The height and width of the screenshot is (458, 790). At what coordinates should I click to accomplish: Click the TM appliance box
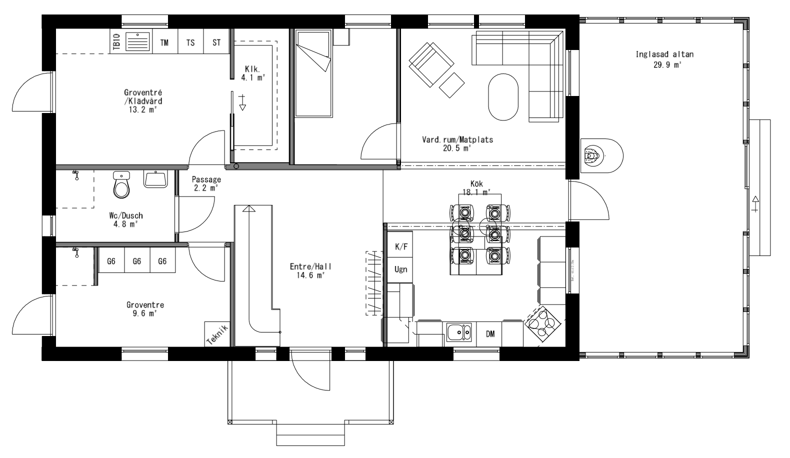pyautogui.click(x=164, y=42)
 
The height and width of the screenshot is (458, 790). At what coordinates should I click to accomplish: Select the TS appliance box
pyautogui.click(x=190, y=42)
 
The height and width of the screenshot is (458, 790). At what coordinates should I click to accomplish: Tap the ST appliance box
pyautogui.click(x=216, y=42)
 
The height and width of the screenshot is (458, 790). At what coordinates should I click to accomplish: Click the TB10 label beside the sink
pyautogui.click(x=116, y=41)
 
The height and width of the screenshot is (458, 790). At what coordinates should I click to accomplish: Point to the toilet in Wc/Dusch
pyautogui.click(x=121, y=185)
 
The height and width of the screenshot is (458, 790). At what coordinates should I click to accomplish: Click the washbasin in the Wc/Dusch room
pyautogui.click(x=155, y=178)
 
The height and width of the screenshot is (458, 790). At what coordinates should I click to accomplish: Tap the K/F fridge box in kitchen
pyautogui.click(x=400, y=246)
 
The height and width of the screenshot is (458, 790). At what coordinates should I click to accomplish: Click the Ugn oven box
pyautogui.click(x=400, y=269)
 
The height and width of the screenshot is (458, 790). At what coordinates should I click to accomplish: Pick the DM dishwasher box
pyautogui.click(x=490, y=334)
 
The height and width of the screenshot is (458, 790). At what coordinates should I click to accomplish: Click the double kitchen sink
pyautogui.click(x=459, y=332)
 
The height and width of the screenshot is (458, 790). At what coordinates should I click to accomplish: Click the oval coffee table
pyautogui.click(x=503, y=97)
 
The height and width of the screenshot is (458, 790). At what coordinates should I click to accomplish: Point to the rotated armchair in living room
pyautogui.click(x=430, y=63)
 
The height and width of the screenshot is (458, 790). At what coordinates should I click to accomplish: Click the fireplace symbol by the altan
pyautogui.click(x=593, y=156)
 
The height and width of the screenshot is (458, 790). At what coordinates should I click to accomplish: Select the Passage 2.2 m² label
pyautogui.click(x=206, y=183)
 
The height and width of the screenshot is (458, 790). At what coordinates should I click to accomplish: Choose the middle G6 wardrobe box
pyautogui.click(x=136, y=261)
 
